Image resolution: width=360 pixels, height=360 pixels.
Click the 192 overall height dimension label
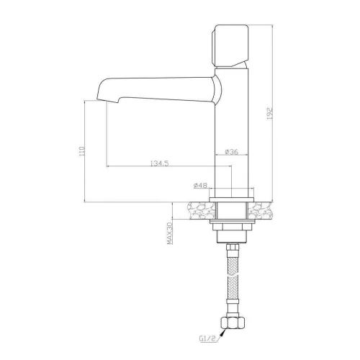pyautogui.click(x=270, y=113)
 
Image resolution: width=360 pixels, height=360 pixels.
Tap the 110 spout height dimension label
pyautogui.click(x=82, y=151)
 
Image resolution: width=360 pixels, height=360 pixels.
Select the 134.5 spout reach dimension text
pyautogui.click(x=160, y=163)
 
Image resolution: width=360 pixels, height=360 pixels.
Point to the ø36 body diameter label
pyautogui.click(x=232, y=152)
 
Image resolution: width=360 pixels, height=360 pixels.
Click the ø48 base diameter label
pyautogui.click(x=200, y=185)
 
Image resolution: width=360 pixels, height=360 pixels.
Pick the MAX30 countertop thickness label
pyautogui.click(x=170, y=233)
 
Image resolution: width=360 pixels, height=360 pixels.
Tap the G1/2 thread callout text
pyautogui.click(x=208, y=338)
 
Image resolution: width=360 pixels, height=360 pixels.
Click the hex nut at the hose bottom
pyautogui.click(x=233, y=323)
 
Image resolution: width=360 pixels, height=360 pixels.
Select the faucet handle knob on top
pyautogui.click(x=230, y=46)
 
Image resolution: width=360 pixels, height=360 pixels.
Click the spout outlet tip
pyautogui.click(x=107, y=100)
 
